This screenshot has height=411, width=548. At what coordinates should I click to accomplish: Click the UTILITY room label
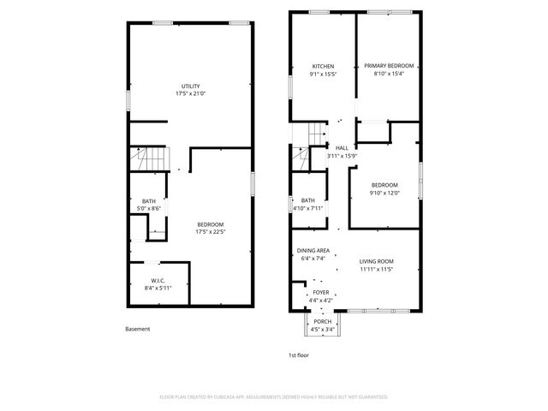pos(190,86)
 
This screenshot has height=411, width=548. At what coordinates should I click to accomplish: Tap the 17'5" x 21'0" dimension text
pos(190,95)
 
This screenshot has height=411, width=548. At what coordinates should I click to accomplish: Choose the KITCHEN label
pos(323,66)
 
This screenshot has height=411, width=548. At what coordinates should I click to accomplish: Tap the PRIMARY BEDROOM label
pos(389,66)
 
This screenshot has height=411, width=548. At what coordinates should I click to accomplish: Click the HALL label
pos(342,147)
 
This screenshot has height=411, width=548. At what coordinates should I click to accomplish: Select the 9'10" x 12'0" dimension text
pos(384,194)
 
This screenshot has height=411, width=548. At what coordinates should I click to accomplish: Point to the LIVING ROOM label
pos(376,261)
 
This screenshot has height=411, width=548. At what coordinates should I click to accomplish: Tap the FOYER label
pos(321,292)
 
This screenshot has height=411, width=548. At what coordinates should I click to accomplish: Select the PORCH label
pos(323,321)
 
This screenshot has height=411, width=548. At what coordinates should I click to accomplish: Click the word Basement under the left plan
pos(137,329)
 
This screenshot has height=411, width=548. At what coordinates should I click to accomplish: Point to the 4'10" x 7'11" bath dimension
pos(307,208)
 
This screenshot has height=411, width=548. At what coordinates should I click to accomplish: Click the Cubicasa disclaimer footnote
pos(274,397)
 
